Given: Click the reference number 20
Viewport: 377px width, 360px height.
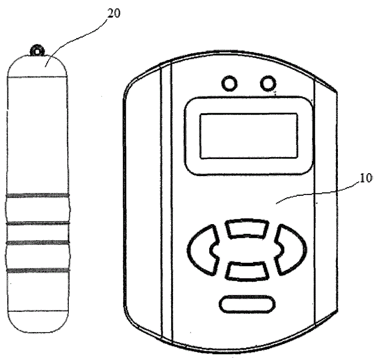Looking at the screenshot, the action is pos(114,13).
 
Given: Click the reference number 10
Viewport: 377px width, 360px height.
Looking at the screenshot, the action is pos(366,178).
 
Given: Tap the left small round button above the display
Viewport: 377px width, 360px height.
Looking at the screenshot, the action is pos(229,84).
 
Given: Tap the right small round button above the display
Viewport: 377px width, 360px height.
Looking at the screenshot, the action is pos(268,84).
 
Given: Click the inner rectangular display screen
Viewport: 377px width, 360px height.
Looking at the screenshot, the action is pos(249,136).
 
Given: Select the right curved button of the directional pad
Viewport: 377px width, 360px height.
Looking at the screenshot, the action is pos(290,250).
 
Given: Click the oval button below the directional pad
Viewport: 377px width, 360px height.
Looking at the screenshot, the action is pos(247,304).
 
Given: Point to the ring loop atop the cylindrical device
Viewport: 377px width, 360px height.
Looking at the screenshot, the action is pos(37,51).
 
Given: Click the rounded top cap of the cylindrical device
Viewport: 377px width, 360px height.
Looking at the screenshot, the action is pos(37,67).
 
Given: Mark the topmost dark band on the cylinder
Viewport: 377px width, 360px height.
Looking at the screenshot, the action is pos(38,195).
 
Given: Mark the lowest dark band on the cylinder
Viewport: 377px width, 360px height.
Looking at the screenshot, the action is pos(38,270).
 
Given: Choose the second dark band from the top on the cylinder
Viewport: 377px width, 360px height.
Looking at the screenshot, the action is pos(38,223).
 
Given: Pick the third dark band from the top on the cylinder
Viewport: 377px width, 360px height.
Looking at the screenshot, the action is pos(38,243).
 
